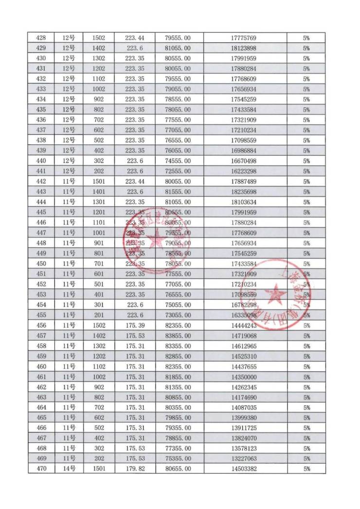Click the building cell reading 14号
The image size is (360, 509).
[x=69, y=469]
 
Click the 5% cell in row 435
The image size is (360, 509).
[x=306, y=110]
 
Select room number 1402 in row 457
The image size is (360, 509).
[x=99, y=336]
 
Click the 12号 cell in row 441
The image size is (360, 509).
[x=69, y=171]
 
